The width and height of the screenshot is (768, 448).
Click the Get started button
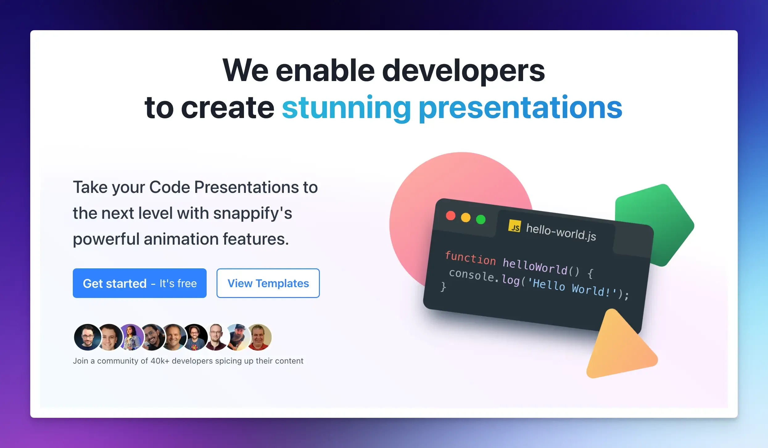pos(139,283)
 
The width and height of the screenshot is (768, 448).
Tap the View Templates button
pos(268,283)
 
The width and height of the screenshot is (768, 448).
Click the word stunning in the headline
pos(346,108)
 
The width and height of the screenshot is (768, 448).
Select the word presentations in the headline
pos(521,108)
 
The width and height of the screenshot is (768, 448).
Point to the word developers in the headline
pos(463,71)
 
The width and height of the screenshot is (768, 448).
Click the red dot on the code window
pos(451,216)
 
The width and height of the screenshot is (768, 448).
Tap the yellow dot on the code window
pos(466,218)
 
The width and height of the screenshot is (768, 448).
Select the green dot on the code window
pos(481,219)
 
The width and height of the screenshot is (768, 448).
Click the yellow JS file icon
pos(514,226)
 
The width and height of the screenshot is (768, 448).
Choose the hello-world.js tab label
pos(561,232)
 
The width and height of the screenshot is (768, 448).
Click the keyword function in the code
pos(470,258)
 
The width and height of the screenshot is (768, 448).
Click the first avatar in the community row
pos(88,337)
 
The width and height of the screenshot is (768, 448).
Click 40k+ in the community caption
pos(160,361)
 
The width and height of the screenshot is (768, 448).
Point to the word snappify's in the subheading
pos(253,213)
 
